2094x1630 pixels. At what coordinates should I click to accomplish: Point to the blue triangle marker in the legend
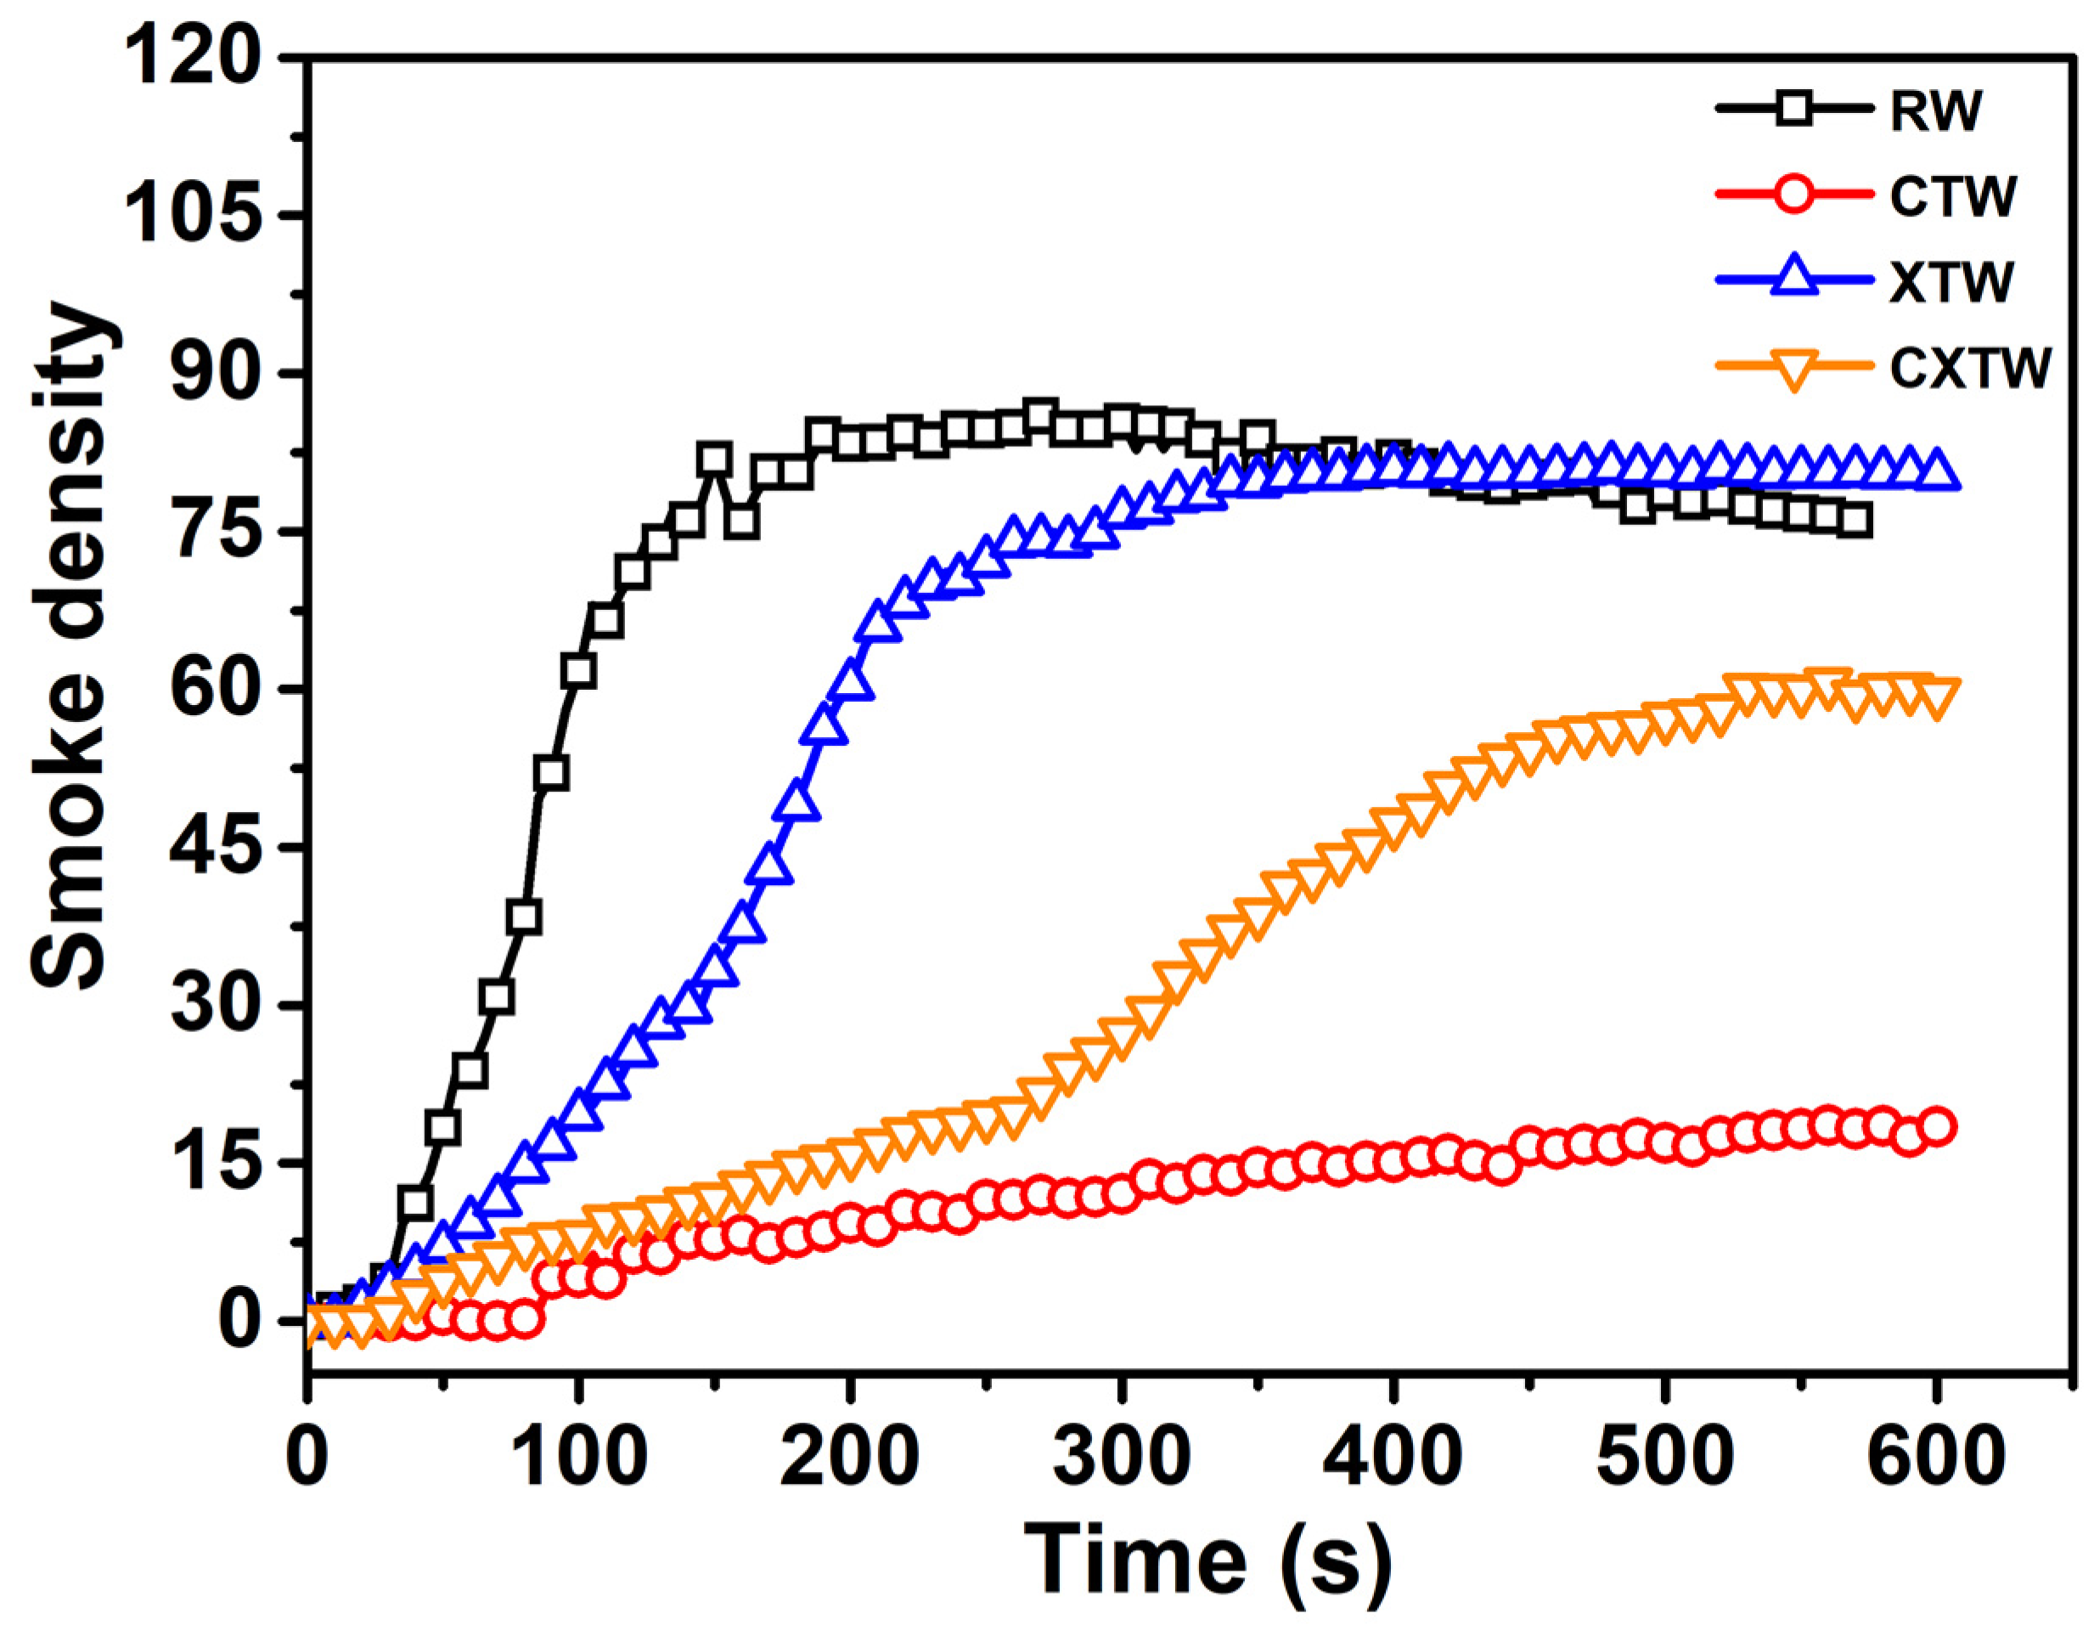pyautogui.click(x=1789, y=280)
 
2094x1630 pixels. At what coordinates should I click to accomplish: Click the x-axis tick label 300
pyautogui.click(x=1119, y=1458)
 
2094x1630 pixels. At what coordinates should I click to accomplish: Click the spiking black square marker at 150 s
pyautogui.click(x=713, y=459)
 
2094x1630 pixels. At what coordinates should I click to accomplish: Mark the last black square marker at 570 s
pyautogui.click(x=1855, y=521)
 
